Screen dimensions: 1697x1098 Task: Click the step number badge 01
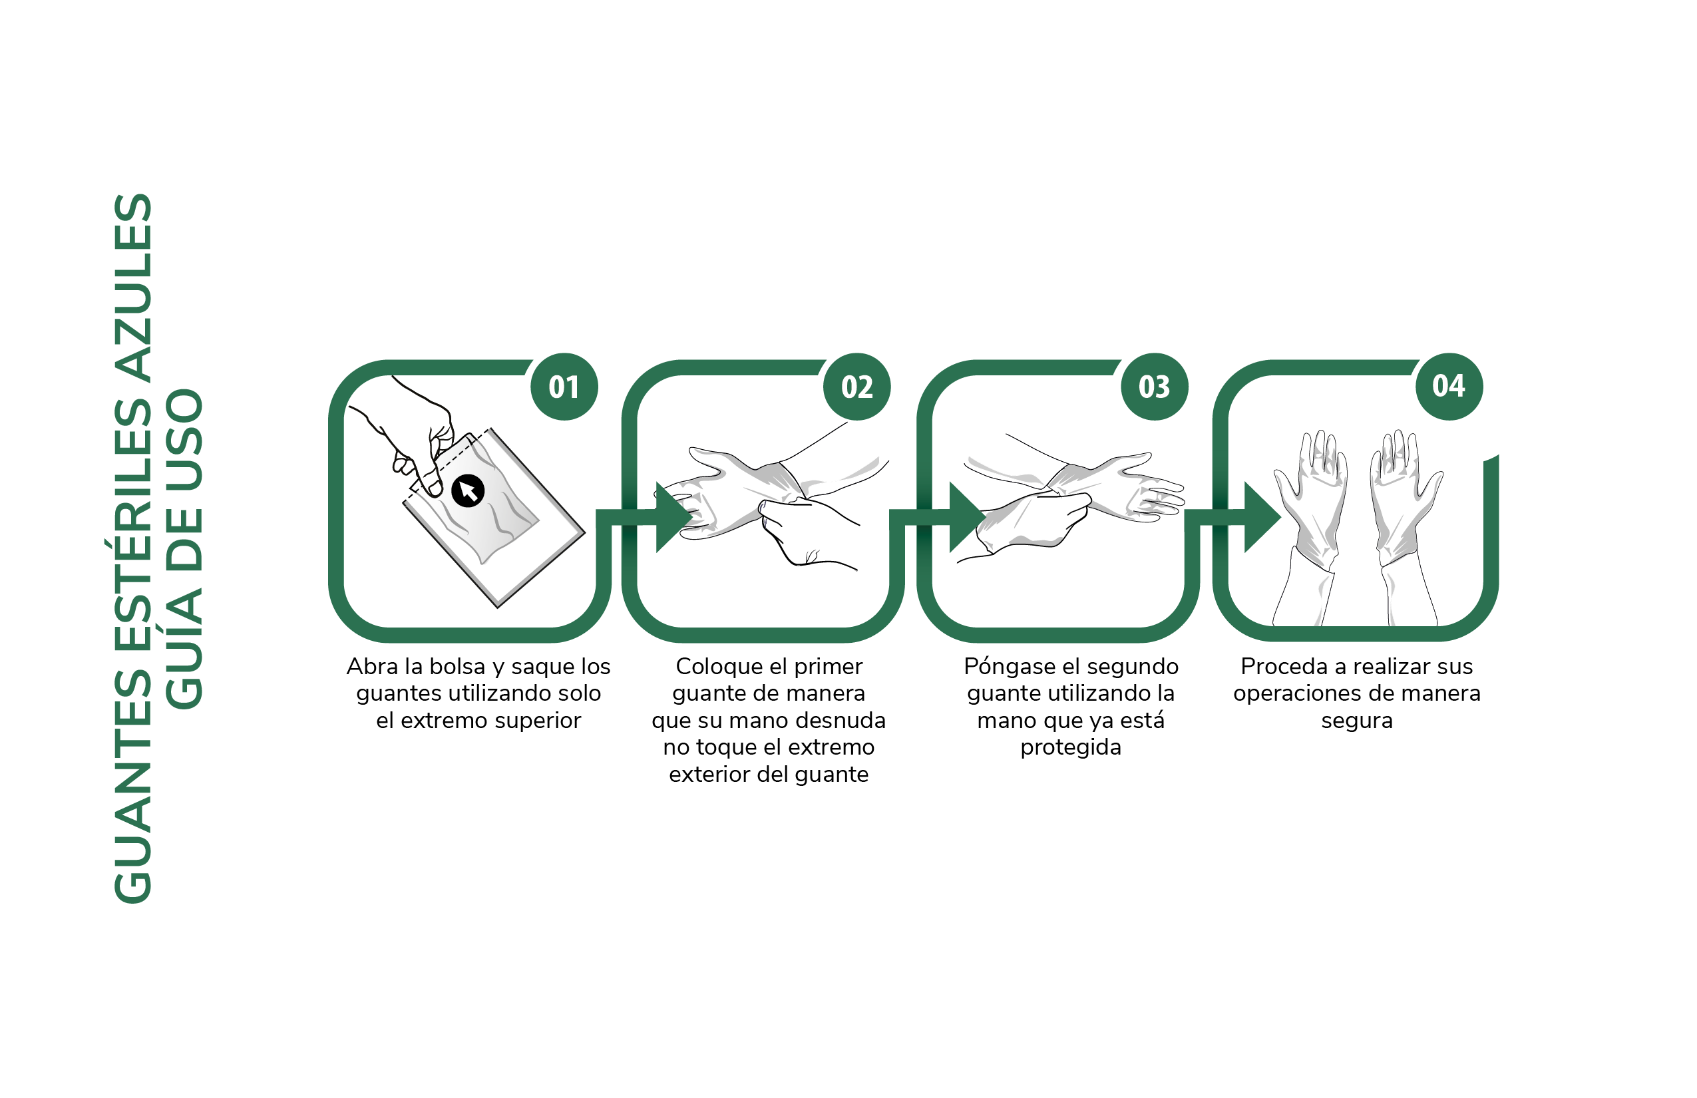(564, 387)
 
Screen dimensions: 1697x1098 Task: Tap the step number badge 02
(857, 387)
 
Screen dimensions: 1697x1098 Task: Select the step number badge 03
(1155, 387)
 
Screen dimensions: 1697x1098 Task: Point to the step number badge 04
(1449, 387)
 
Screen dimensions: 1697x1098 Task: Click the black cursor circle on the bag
(468, 490)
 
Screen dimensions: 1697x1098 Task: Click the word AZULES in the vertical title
(133, 288)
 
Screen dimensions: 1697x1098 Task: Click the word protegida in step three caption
(1071, 748)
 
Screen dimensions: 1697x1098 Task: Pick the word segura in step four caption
(1357, 721)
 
